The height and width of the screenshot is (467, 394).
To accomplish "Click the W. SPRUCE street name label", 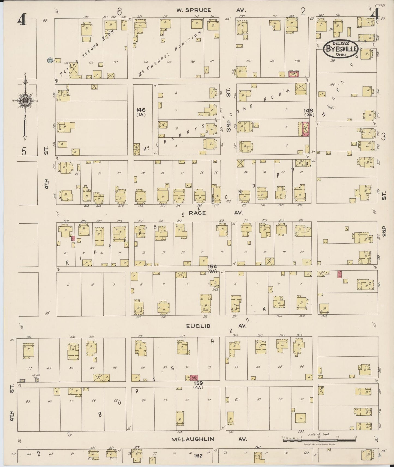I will (x=194, y=10).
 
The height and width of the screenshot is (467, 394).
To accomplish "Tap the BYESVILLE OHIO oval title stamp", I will (x=341, y=49).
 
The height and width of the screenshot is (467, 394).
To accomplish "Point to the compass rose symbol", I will (x=25, y=101).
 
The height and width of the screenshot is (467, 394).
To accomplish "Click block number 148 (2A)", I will (x=309, y=113).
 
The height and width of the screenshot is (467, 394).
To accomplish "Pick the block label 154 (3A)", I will (x=212, y=268).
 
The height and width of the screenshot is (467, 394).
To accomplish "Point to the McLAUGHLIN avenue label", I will (x=193, y=439).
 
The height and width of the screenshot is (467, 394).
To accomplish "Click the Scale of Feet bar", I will (x=319, y=440).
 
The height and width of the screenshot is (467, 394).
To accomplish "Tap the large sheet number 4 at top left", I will (x=22, y=20).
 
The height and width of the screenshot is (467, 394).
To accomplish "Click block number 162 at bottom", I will (x=198, y=456).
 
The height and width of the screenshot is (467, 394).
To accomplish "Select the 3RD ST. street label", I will (x=228, y=109).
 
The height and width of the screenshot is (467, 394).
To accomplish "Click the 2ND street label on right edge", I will (x=384, y=231).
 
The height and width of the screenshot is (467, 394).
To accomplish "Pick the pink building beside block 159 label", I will (x=194, y=377).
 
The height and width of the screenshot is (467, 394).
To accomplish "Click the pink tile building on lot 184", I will (x=294, y=74).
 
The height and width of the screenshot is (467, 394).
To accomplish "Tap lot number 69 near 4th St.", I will (x=28, y=401).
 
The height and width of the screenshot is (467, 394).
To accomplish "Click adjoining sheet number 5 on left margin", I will (x=24, y=151).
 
